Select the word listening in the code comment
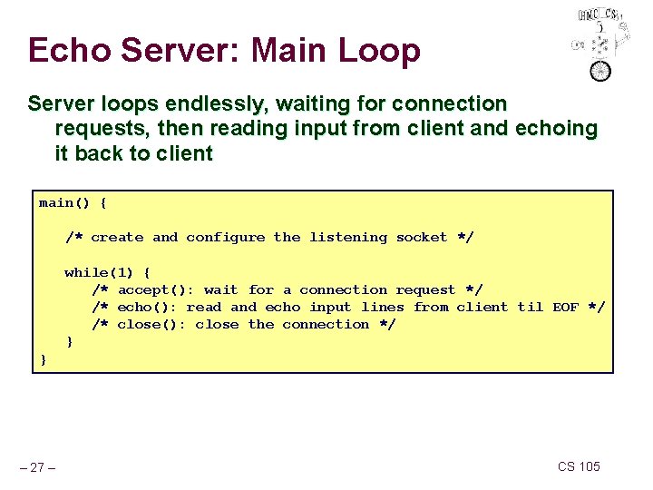click(x=348, y=238)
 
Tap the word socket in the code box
click(x=422, y=238)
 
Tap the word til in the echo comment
click(x=530, y=308)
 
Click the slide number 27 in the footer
click(x=39, y=467)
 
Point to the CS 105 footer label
click(x=579, y=466)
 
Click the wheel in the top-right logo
click(x=600, y=70)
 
